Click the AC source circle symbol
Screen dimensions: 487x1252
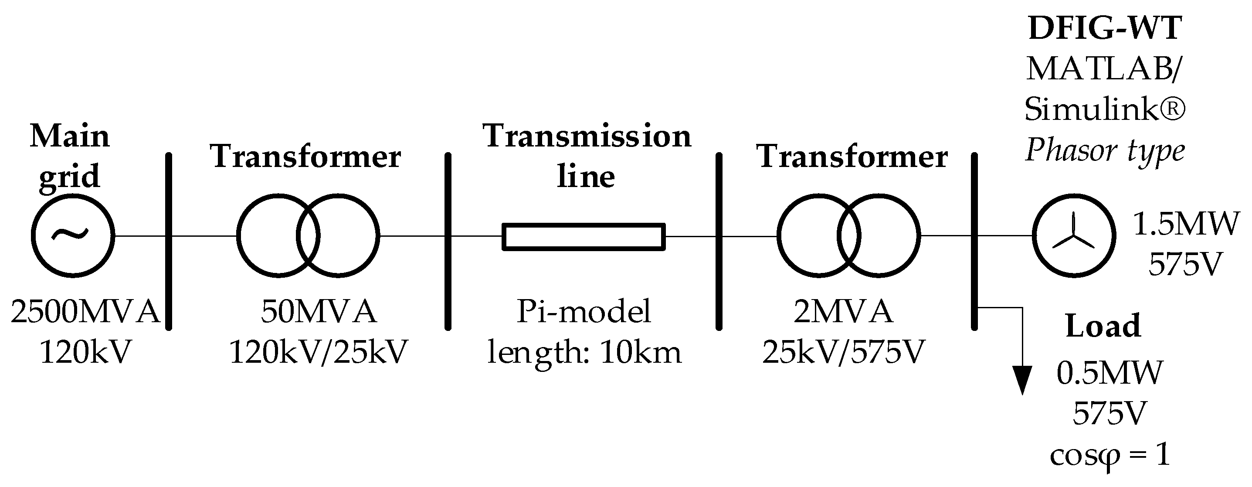coord(73,236)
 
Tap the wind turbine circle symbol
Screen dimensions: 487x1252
coord(1074,236)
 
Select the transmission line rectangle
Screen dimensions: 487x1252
coord(583,237)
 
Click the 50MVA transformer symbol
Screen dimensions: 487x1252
coord(308,236)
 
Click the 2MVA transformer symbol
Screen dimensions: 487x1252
coord(848,236)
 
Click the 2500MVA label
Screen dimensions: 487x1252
coord(85,312)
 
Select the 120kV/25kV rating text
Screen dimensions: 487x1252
coord(319,352)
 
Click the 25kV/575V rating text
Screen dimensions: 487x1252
coord(843,352)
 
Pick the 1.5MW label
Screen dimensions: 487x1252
coord(1186,224)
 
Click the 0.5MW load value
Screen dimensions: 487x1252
coord(1109,373)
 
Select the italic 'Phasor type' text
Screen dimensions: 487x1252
coord(1105,152)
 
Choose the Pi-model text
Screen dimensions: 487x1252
coord(583,312)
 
